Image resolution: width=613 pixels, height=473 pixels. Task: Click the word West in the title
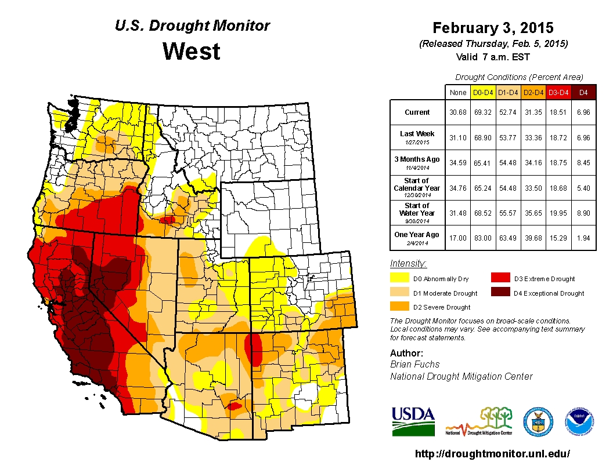192,52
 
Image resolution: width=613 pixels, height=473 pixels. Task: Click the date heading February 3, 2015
493,28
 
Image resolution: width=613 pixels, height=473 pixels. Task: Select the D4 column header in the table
583,92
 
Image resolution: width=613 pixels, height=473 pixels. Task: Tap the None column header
457,92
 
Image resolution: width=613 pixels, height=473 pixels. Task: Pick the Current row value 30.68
457,112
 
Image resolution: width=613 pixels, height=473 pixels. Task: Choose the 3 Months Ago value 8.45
583,162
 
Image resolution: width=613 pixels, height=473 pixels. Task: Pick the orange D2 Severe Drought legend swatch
399,307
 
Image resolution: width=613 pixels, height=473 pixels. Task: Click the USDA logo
413,420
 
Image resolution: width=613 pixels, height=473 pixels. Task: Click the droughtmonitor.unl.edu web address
493,454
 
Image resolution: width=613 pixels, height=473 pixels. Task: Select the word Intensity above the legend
408,264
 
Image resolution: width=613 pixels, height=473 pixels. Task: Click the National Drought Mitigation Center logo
479,421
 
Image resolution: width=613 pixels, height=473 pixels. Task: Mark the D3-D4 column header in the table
558,92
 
